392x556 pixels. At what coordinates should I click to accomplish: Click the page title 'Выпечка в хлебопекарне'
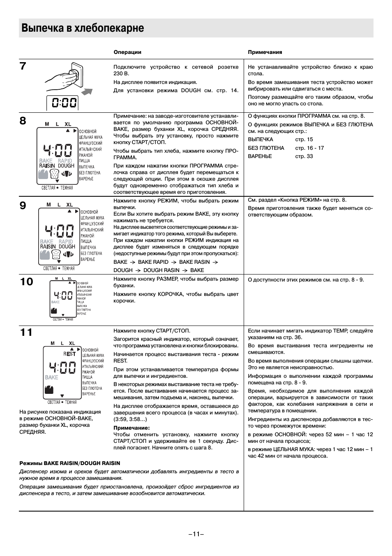[x=83, y=28]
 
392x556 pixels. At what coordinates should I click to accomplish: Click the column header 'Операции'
[x=127, y=52]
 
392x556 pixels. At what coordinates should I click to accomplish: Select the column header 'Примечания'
[x=265, y=52]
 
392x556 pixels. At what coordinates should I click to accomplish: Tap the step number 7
[x=23, y=66]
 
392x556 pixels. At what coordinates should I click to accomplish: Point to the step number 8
[x=23, y=121]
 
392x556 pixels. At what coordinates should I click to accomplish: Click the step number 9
[x=23, y=205]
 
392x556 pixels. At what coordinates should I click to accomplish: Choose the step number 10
[x=26, y=282]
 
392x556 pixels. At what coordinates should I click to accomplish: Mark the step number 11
[x=26, y=333]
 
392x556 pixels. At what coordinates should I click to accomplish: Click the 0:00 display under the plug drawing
[x=62, y=102]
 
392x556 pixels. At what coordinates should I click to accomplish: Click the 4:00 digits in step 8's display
[x=58, y=150]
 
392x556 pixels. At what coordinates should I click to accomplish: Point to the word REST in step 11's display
[x=69, y=354]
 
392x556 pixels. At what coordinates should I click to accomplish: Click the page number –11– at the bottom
[x=196, y=534]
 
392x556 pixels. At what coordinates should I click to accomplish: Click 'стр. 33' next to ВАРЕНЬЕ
[x=304, y=156]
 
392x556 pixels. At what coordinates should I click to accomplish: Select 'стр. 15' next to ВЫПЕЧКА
[x=304, y=140]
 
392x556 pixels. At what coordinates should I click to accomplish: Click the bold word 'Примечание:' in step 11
[x=131, y=428]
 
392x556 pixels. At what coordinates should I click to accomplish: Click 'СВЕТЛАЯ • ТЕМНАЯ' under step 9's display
[x=59, y=268]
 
